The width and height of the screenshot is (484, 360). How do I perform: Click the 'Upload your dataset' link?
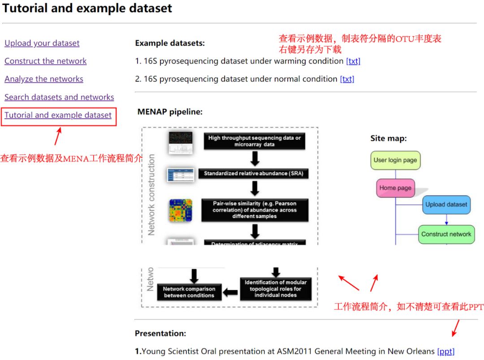click(42, 43)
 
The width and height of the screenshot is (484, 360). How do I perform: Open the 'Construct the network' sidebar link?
click(45, 61)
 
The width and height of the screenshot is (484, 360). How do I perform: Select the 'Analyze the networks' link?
click(43, 79)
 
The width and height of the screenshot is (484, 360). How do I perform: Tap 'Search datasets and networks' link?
click(59, 97)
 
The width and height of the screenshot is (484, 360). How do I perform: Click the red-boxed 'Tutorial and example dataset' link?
click(58, 115)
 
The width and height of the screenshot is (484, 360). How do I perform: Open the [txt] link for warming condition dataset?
click(353, 61)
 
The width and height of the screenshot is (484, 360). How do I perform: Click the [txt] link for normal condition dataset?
click(347, 79)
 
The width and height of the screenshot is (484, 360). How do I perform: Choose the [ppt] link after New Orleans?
click(445, 351)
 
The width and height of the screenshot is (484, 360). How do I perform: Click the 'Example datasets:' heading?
click(169, 43)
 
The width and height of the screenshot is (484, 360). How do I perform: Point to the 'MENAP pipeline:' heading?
click(170, 112)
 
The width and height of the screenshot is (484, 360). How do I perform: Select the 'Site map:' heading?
click(388, 138)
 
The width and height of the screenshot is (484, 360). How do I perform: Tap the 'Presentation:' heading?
click(160, 334)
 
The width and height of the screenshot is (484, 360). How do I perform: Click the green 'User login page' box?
click(395, 160)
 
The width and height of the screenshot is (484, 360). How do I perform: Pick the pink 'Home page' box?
click(395, 188)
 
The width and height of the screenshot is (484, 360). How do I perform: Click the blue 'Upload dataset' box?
click(446, 205)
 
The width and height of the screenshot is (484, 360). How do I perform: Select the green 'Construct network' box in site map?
click(446, 234)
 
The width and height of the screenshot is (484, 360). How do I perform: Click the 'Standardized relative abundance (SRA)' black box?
click(255, 173)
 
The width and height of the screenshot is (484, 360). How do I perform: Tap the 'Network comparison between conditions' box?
click(189, 292)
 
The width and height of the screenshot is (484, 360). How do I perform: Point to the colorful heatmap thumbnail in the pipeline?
click(180, 210)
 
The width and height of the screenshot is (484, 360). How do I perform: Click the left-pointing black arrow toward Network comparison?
click(230, 292)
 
